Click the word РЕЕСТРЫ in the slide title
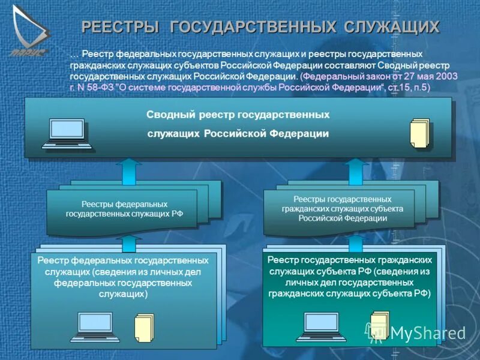(120, 27)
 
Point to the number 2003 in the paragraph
(445, 77)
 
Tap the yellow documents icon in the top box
(419, 133)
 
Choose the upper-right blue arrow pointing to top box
(356, 170)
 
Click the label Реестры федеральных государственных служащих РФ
(124, 209)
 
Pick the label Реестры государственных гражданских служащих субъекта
(342, 208)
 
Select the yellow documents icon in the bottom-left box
(144, 328)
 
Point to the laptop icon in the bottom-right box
(320, 326)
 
